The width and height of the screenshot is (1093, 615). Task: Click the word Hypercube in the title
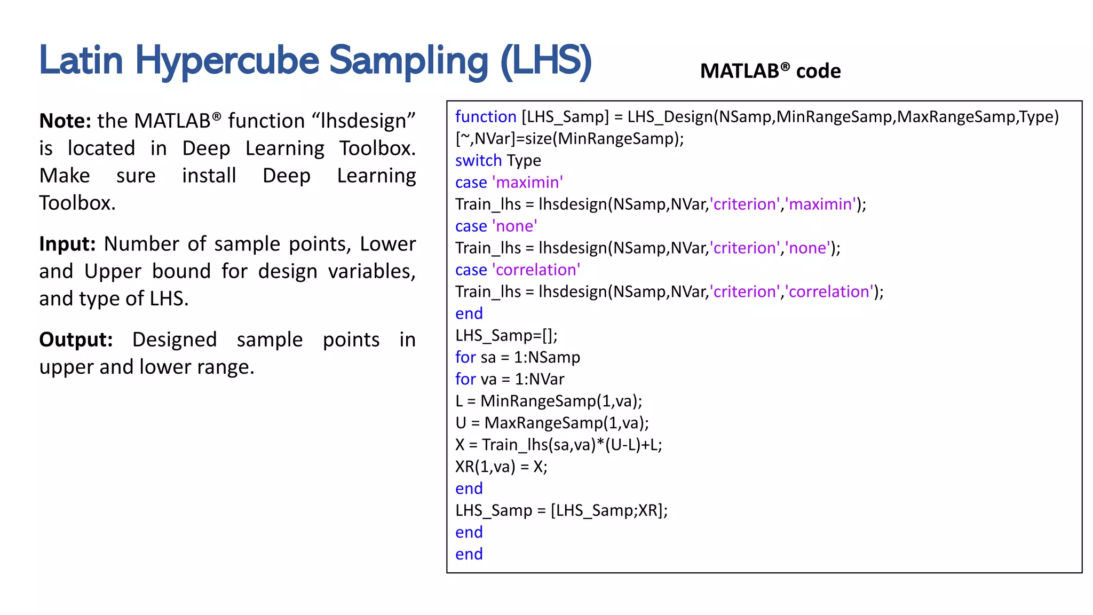(x=227, y=61)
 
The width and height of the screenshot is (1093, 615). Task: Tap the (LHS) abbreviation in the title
(x=546, y=61)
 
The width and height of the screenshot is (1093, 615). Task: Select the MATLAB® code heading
(x=770, y=71)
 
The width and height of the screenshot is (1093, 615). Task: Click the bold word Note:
(x=65, y=121)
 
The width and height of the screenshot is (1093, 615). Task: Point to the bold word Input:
(x=67, y=244)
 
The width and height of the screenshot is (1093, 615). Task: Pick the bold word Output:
(x=76, y=340)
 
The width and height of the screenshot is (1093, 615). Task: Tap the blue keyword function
(x=486, y=117)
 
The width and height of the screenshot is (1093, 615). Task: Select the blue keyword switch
(x=478, y=161)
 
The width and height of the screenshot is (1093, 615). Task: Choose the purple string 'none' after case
(x=514, y=226)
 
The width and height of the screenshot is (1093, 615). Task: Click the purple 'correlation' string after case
(x=536, y=270)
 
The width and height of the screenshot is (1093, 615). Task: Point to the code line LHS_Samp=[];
(x=506, y=336)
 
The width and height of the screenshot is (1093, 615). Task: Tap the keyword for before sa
(x=465, y=358)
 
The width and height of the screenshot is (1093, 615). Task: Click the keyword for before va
(x=465, y=380)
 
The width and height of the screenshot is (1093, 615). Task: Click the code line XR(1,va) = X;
(x=501, y=467)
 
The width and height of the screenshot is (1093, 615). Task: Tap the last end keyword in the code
(x=469, y=555)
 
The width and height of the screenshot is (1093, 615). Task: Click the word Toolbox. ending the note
(x=77, y=203)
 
